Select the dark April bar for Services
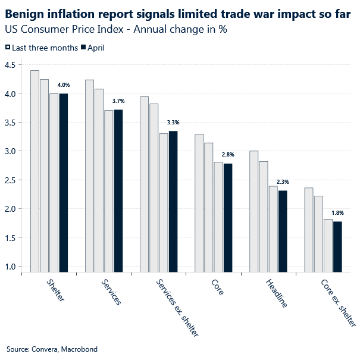click(118, 190)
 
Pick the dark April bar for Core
click(228, 218)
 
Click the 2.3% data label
click(283, 182)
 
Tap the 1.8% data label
click(337, 212)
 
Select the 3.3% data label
click(173, 123)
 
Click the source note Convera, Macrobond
click(52, 349)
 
